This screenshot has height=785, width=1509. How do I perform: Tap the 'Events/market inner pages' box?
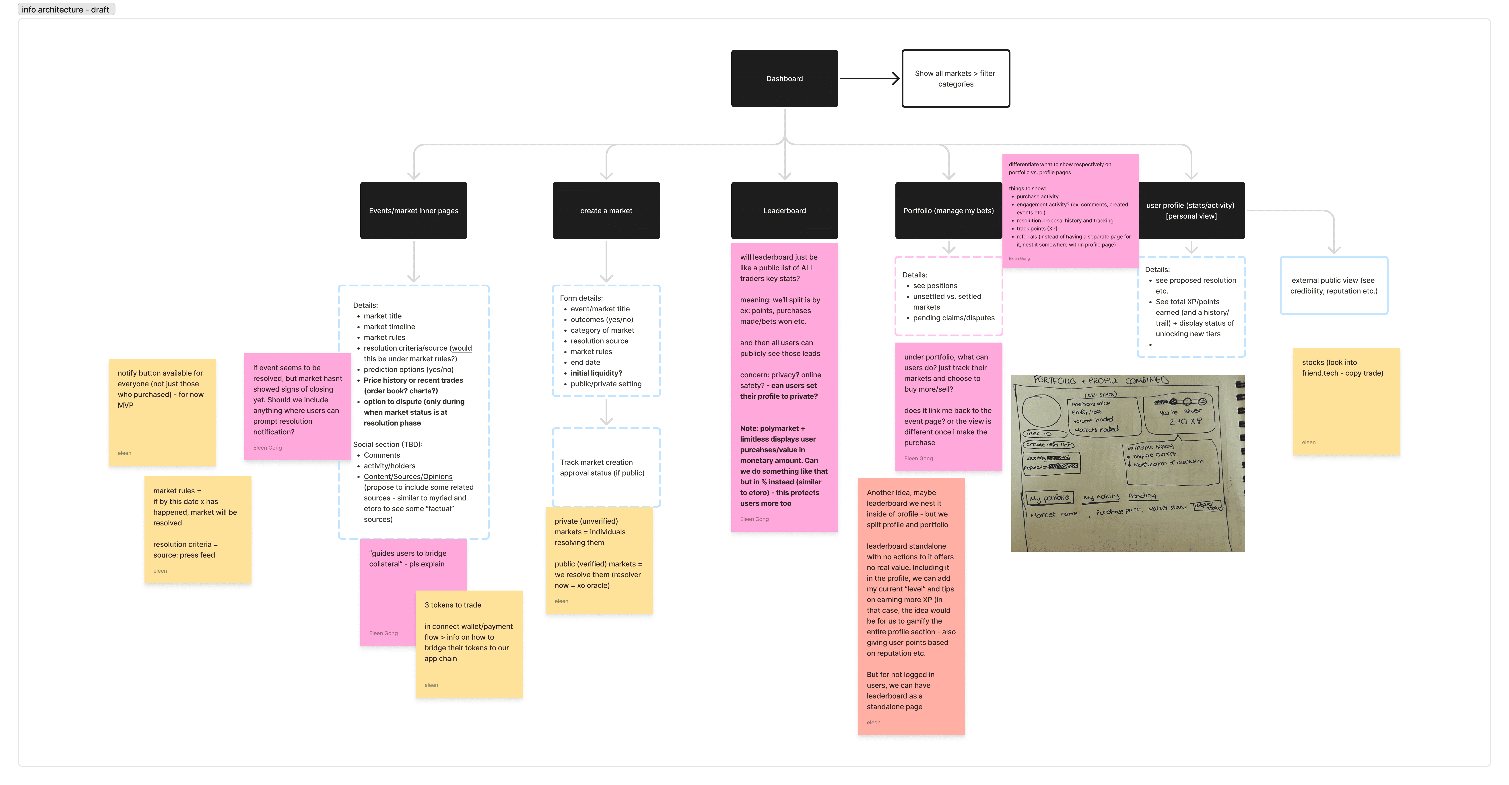[414, 210]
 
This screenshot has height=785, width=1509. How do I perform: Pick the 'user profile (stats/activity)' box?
[1191, 210]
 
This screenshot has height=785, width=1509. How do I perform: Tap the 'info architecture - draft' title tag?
[66, 9]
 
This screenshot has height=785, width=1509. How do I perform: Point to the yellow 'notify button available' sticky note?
[162, 412]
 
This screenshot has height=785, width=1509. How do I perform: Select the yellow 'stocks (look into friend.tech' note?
[1346, 401]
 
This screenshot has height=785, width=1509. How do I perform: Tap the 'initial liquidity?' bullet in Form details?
[596, 373]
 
